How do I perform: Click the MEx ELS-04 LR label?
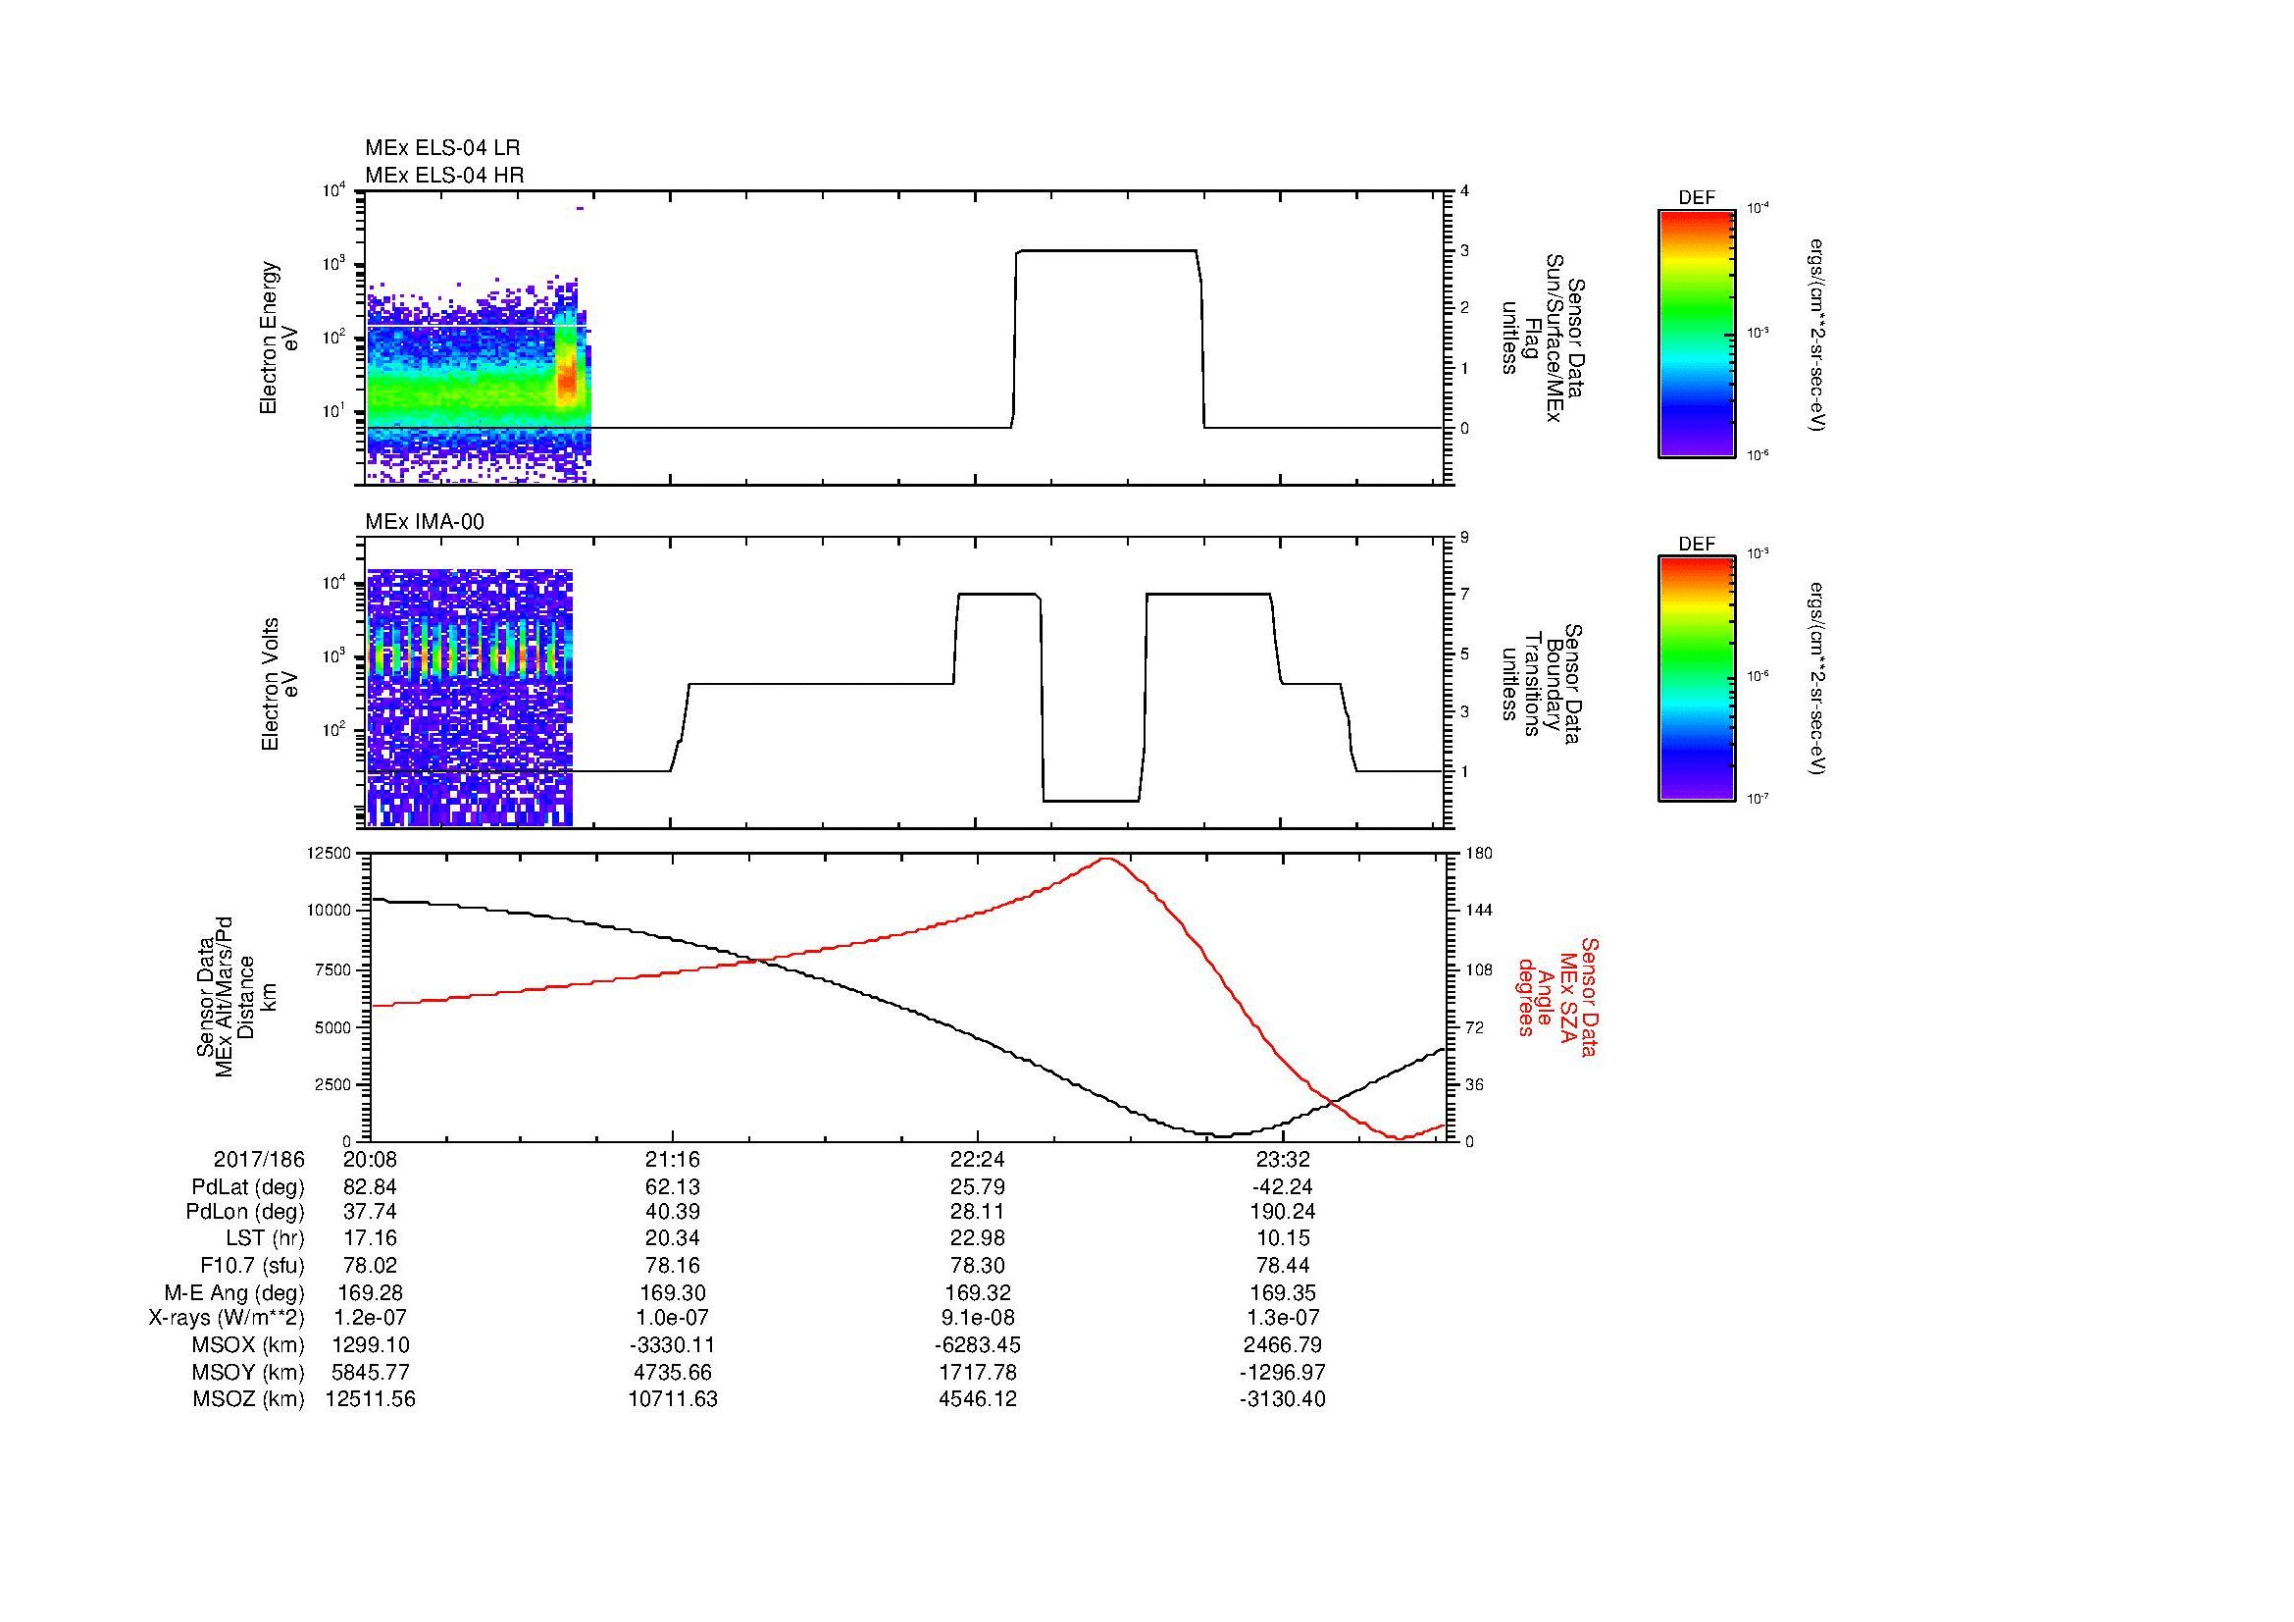pos(441,148)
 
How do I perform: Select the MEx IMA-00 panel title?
pos(425,522)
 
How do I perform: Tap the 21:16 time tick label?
pos(673,1160)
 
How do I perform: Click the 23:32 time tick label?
pos(1282,1160)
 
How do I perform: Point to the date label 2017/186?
pos(259,1160)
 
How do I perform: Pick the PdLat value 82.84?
pos(371,1187)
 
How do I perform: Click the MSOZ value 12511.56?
pos(371,1399)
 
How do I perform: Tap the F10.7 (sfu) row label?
pos(252,1265)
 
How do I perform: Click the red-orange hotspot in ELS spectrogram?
pos(567,380)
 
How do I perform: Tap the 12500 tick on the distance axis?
pos(329,854)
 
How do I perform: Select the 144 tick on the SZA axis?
pos(1478,911)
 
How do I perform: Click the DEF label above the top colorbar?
pos(1697,198)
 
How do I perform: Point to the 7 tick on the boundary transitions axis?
pos(1464,595)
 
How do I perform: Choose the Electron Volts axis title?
pos(280,684)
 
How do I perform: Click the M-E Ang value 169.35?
pos(1282,1292)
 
